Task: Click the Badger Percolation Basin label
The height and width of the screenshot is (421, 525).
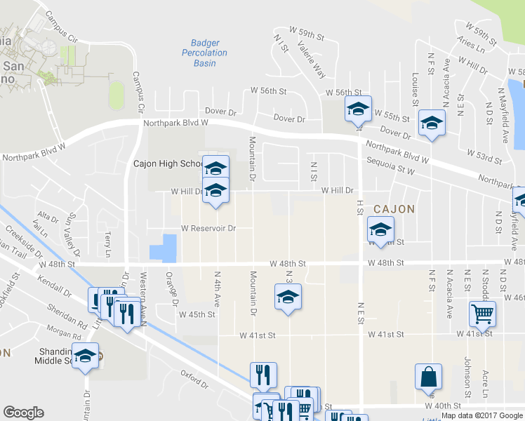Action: point(205,53)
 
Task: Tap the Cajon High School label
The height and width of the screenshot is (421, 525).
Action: point(168,164)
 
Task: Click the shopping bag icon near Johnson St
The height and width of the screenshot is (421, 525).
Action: point(428,377)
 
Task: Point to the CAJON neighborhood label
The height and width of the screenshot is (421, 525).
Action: point(394,209)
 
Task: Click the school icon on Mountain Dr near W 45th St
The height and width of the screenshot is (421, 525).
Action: point(288,298)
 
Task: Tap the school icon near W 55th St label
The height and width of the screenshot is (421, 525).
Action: point(431,123)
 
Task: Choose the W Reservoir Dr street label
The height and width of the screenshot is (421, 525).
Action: point(208,228)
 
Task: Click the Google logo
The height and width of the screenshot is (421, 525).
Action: point(23,413)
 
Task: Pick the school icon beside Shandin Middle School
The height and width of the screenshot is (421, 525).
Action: point(86,356)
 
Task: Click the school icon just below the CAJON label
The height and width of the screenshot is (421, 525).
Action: point(380,229)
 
